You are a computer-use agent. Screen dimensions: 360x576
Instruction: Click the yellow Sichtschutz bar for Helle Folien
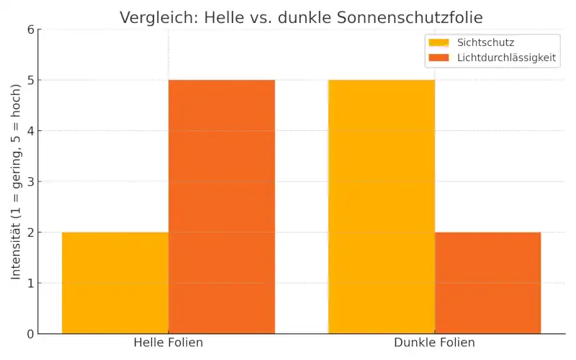[x=115, y=283]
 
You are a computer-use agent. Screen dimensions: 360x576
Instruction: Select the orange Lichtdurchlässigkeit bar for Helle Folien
[x=222, y=207]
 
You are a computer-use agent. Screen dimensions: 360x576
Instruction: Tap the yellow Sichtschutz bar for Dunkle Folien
[x=382, y=207]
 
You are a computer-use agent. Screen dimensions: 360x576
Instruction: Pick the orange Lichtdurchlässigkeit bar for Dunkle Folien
[x=488, y=283]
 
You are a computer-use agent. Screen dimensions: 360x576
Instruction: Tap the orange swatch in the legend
[x=438, y=58]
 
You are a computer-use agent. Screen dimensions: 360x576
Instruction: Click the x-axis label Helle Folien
[x=168, y=343]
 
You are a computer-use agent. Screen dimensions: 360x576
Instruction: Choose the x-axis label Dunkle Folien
[x=435, y=343]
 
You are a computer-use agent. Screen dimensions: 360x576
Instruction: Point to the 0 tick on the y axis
[x=30, y=334]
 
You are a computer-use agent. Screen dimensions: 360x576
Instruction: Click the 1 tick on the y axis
[x=30, y=283]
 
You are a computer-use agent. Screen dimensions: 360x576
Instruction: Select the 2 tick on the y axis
[x=30, y=233]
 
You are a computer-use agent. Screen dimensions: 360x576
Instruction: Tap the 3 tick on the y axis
[x=30, y=181]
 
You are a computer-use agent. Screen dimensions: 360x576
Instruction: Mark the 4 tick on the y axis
[x=30, y=131]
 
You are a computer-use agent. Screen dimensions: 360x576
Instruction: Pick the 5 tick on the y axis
[x=30, y=80]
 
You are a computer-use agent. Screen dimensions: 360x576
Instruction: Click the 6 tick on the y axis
[x=30, y=30]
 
